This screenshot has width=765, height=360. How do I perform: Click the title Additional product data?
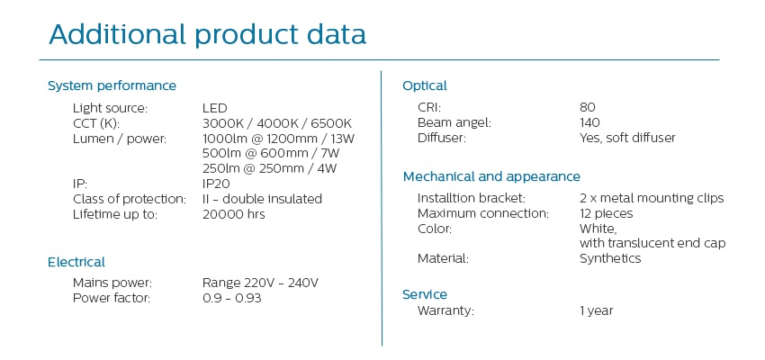click(x=207, y=34)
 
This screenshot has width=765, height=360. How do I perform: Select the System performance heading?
click(x=112, y=85)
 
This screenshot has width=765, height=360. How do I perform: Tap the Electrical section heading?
click(x=76, y=262)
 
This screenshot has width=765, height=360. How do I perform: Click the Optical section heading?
click(x=425, y=86)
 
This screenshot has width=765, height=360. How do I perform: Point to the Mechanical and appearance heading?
click(x=491, y=176)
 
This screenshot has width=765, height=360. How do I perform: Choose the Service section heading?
click(x=425, y=294)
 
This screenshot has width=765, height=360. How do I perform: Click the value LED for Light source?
click(x=215, y=108)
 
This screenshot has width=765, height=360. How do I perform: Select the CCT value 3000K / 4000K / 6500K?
click(x=276, y=123)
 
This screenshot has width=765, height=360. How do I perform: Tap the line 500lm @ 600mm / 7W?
click(x=271, y=153)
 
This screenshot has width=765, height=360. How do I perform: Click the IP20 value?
click(x=216, y=184)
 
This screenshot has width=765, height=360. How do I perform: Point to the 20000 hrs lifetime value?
click(x=234, y=214)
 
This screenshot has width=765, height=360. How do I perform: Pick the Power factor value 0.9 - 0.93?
click(x=231, y=298)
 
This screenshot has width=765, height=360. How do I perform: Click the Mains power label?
click(x=112, y=283)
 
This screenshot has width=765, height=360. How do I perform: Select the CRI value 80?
click(x=588, y=108)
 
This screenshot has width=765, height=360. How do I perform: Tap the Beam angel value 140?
click(x=589, y=123)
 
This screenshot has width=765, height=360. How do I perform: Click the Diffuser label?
click(x=442, y=138)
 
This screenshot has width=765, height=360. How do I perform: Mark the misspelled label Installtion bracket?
click(x=472, y=199)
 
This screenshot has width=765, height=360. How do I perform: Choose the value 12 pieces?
click(x=606, y=213)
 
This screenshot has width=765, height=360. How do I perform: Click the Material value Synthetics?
click(x=610, y=258)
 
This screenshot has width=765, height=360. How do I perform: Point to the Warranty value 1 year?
click(x=596, y=310)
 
